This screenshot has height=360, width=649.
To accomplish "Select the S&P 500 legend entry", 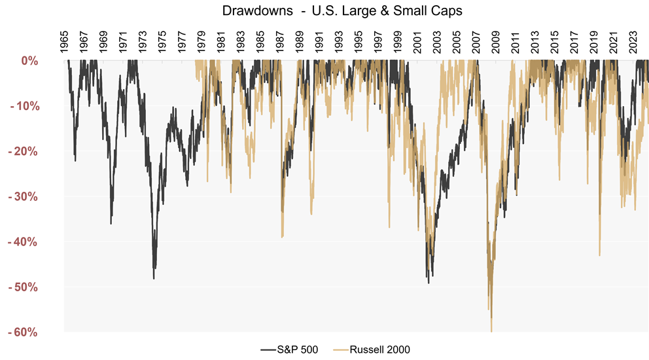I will [290, 349].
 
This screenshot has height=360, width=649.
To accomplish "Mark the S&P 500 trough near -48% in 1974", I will [154, 279].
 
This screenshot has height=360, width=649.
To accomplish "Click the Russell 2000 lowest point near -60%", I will [491, 331].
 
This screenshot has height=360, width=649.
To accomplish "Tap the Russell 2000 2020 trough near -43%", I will [599, 255].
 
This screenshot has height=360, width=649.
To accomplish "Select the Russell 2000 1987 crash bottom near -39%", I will [282, 237].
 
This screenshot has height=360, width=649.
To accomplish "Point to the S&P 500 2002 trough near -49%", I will [429, 283].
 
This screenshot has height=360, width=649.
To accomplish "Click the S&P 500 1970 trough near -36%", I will [111, 224].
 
